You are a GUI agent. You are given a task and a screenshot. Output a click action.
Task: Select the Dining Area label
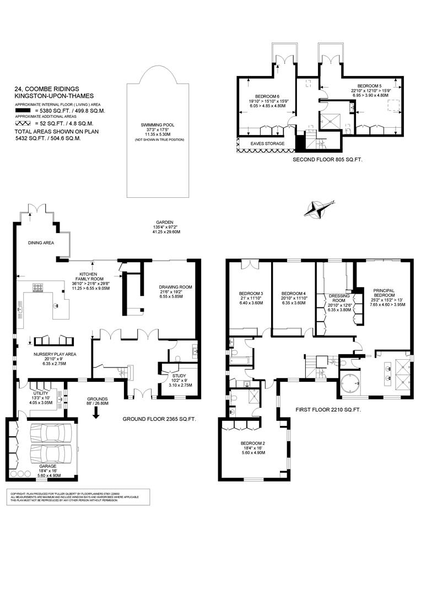point(41,242)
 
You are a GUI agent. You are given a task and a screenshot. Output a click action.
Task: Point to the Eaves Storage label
point(268,144)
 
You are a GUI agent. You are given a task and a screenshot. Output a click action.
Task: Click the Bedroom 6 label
point(266,101)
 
